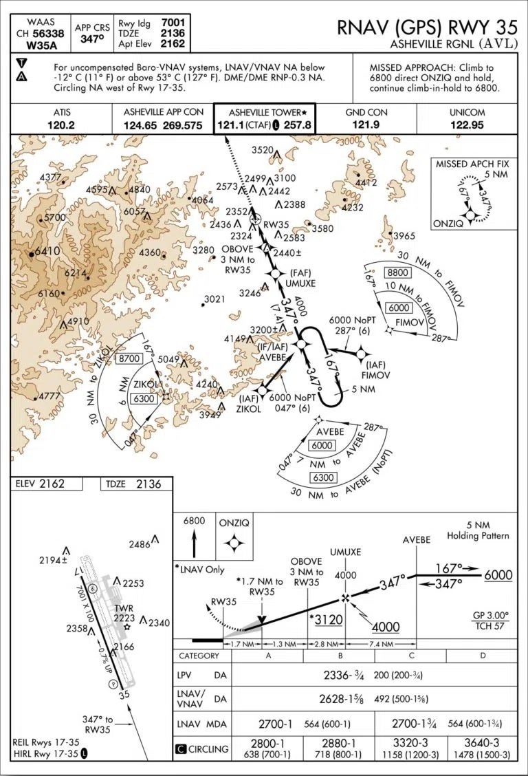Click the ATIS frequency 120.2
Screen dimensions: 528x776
click(60, 125)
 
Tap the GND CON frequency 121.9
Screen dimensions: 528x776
click(366, 125)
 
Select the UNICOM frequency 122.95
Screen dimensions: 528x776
click(467, 125)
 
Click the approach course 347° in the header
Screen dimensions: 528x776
click(92, 39)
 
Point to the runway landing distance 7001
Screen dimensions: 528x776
click(173, 22)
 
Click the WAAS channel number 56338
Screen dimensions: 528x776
click(47, 34)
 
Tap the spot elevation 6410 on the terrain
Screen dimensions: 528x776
click(47, 251)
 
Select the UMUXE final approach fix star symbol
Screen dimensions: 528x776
click(276, 274)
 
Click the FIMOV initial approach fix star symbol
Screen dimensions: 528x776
click(361, 354)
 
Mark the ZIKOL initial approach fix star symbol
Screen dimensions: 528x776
click(262, 391)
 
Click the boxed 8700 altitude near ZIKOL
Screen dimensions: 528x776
click(129, 358)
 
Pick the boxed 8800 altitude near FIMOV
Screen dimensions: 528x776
click(398, 272)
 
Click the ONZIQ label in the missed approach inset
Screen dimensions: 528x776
click(448, 224)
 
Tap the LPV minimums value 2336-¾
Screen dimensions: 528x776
click(344, 675)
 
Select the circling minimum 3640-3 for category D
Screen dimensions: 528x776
click(483, 743)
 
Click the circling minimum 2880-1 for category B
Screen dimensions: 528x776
click(339, 743)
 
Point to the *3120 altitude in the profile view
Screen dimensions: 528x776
click(327, 620)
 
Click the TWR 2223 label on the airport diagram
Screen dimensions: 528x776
click(124, 613)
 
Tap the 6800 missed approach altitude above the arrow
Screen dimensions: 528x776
click(194, 521)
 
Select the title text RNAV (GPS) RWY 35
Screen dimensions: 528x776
click(428, 28)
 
